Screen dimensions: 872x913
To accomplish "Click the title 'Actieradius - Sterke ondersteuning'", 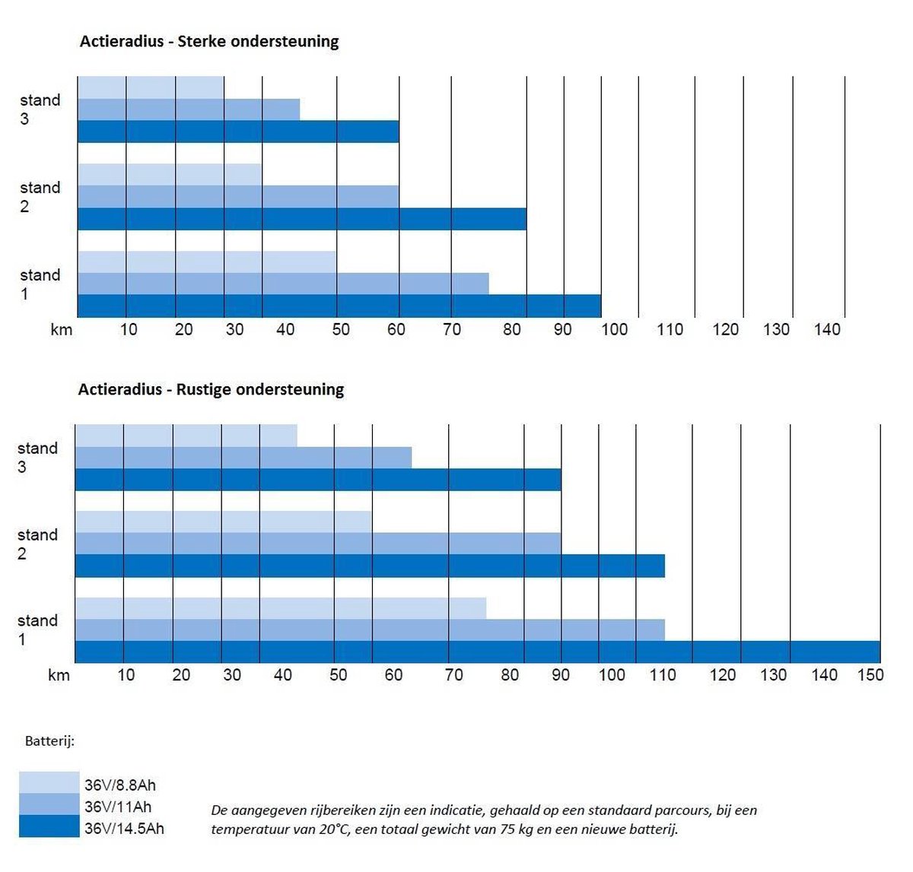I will coord(209,41).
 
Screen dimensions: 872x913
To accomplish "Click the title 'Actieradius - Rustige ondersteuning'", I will coord(211,389).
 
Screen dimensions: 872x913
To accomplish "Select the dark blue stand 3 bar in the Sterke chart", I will coord(238,132).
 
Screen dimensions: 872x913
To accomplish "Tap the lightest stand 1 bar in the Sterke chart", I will coord(207,262).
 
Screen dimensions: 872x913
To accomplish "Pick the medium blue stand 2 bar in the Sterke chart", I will coord(238,197).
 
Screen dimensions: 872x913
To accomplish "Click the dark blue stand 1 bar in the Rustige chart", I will coord(477,652).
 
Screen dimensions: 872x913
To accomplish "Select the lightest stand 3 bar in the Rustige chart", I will coord(186,436).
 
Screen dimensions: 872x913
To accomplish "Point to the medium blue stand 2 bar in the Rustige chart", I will coord(318,544).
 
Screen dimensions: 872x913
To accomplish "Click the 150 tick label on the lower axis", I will coord(870,675).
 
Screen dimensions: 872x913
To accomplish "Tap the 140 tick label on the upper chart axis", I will coord(827,329).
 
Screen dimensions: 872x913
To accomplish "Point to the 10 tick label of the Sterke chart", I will coord(129,329).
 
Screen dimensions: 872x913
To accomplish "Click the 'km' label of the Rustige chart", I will coord(59,675).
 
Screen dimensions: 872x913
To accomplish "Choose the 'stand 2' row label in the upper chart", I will coord(40,197).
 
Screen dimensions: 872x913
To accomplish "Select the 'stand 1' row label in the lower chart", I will coord(37,629).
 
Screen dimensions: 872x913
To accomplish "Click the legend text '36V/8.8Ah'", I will coord(120,785).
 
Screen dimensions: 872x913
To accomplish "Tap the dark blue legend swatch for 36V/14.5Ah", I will coord(49,826).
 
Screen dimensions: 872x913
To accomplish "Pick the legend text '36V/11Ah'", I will coord(118,807).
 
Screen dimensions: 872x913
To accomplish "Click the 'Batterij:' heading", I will coord(49,740).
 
